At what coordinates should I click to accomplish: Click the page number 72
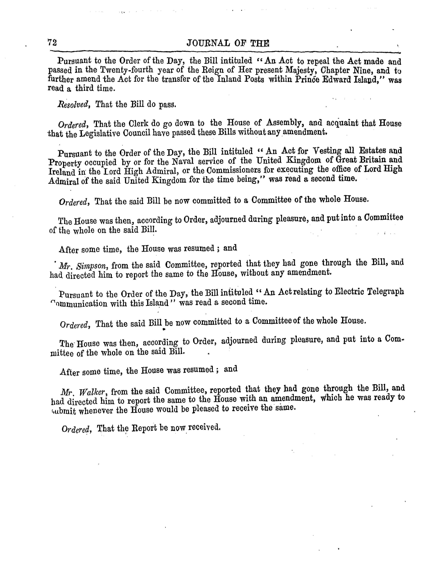52,42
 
